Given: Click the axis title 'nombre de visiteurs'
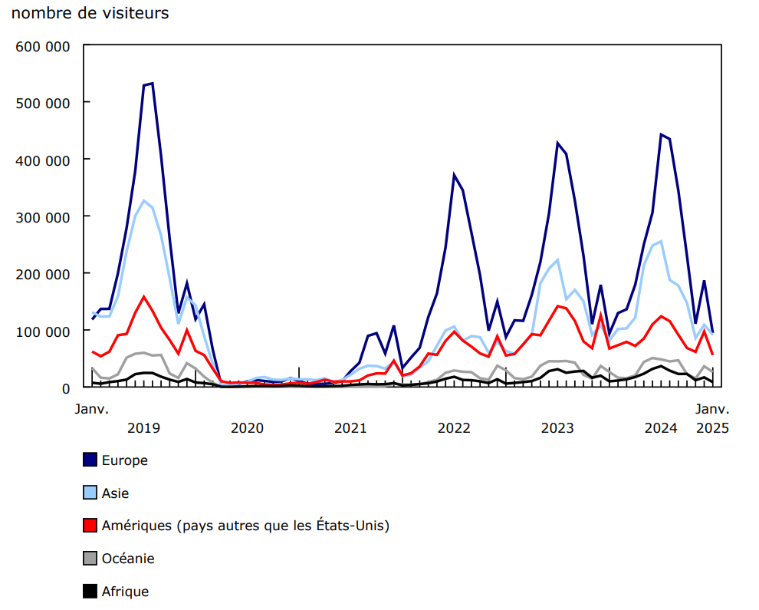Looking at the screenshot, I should (90, 14).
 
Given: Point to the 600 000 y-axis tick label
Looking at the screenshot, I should (43, 46).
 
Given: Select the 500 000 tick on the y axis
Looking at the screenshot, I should (43, 103).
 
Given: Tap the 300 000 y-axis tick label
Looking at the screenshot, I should (43, 217).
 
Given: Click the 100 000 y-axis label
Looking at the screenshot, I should (43, 331).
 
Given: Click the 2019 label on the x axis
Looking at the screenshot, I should (143, 427).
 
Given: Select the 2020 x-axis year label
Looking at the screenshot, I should (247, 427).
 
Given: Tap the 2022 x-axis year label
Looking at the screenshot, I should (454, 427).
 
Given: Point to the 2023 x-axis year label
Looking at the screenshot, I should (557, 427).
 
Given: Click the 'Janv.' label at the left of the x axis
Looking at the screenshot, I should (91, 409).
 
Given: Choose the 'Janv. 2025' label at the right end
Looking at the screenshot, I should (712, 418).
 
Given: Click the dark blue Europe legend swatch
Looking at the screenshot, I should (90, 460).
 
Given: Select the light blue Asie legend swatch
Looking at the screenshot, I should (90, 493).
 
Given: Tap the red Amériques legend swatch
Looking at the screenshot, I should (90, 526).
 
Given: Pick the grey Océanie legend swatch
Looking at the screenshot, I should (90, 559).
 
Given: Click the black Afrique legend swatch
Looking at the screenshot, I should (90, 592).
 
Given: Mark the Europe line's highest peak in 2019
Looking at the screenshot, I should (152, 84).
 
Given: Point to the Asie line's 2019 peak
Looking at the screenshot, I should (143, 201).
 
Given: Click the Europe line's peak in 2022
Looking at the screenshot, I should (454, 175).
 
